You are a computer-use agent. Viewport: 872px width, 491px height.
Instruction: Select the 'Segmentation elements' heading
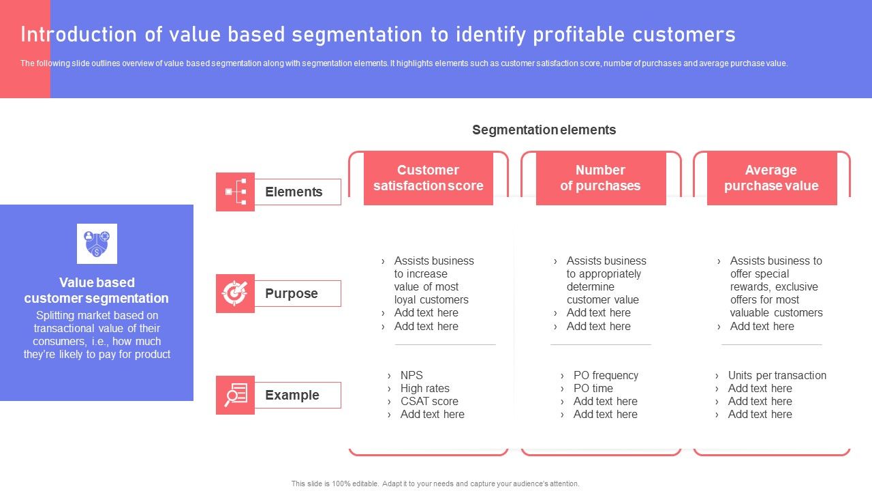544,130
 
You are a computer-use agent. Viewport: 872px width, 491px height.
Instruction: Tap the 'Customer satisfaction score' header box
428,178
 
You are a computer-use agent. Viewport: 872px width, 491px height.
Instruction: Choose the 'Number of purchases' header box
600,178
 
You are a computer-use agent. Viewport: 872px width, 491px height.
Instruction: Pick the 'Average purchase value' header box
771,178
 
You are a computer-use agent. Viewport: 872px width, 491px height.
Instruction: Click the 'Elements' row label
294,192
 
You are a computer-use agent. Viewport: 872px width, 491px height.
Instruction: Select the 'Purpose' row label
292,293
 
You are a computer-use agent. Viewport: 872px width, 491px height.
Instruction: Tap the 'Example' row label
292,395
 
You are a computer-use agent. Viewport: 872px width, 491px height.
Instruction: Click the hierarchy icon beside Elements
235,192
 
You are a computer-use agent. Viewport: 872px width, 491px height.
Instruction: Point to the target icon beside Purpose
235,293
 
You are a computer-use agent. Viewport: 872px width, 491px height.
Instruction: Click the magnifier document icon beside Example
235,395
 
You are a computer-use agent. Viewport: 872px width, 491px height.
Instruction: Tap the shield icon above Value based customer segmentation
97,243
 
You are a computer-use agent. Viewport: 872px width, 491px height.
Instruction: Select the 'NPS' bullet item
411,375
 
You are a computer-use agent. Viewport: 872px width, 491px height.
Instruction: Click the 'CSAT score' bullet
429,401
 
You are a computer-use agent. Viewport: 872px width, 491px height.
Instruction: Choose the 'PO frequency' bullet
606,375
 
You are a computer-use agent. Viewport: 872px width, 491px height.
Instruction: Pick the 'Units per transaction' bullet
777,375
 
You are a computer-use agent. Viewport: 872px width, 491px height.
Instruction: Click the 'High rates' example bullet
424,388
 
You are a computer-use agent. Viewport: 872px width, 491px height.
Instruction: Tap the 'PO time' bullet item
593,388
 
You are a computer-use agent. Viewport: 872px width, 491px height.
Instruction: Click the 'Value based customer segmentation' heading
97,290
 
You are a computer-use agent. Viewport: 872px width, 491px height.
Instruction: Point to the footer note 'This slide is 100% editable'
435,483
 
